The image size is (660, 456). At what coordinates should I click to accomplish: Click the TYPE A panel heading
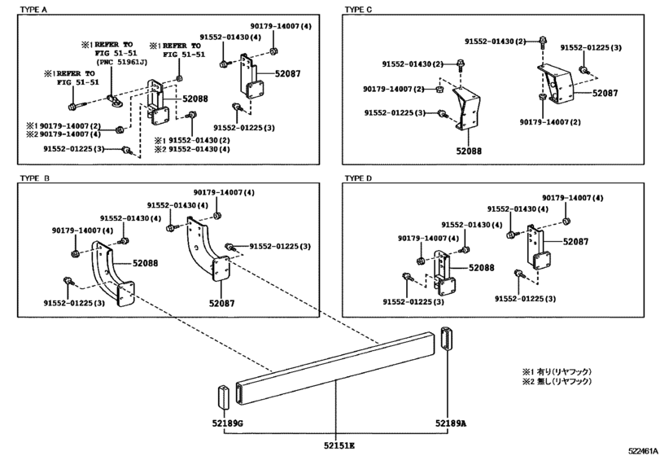(33, 9)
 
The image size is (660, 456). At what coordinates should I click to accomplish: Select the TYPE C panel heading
(358, 9)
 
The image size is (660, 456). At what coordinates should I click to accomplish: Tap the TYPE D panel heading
(358, 178)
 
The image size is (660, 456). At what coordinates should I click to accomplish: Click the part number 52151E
(339, 445)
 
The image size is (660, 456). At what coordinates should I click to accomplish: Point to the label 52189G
(227, 423)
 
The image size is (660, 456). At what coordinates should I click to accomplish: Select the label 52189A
(450, 423)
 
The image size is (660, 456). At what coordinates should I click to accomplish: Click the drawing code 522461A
(644, 451)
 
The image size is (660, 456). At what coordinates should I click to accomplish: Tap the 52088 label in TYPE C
(469, 151)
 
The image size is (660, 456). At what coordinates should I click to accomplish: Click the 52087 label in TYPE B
(222, 303)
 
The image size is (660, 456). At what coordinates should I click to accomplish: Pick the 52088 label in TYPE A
(195, 99)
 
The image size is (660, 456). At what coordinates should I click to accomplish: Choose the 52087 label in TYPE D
(576, 242)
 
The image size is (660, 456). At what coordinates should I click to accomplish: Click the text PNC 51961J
(122, 62)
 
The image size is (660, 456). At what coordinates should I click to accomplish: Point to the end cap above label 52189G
(223, 397)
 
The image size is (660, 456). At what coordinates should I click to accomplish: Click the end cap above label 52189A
(446, 338)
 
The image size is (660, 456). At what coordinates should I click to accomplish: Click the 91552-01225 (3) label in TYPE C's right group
(591, 47)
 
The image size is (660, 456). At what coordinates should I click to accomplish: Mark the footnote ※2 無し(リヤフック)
(557, 381)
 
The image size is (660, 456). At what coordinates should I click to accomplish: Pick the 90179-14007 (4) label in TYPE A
(281, 26)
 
